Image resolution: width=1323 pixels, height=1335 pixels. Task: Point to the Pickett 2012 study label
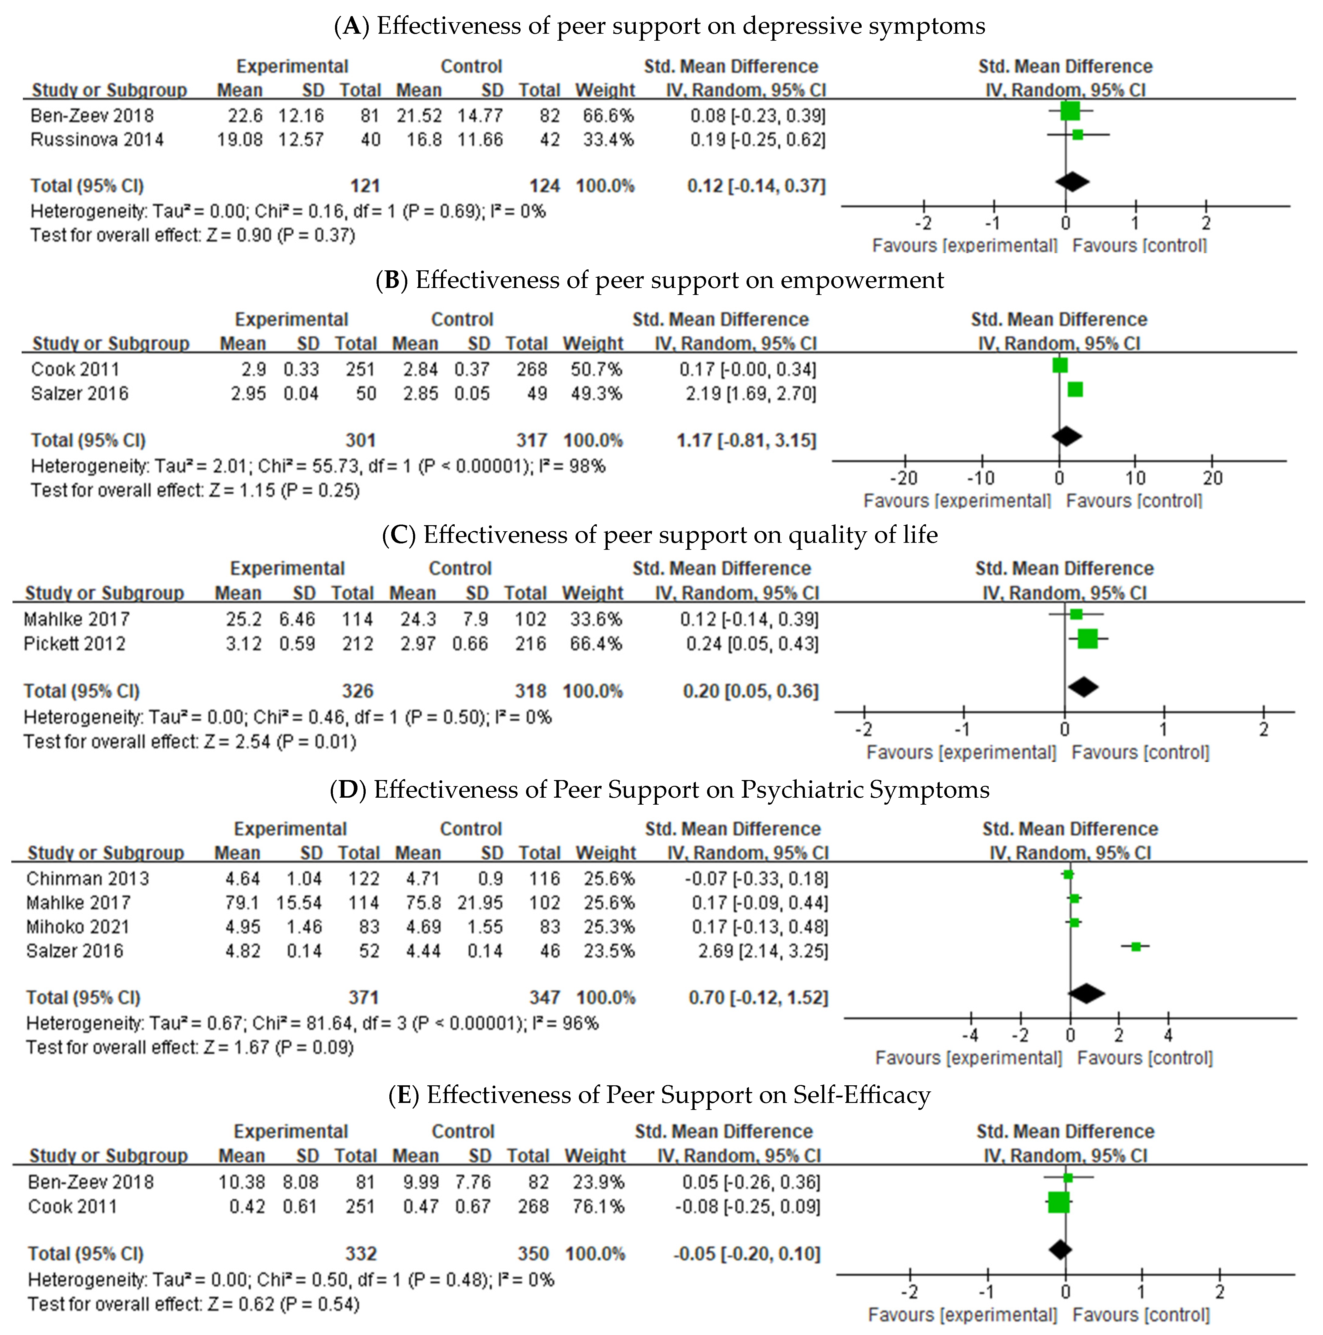(x=75, y=644)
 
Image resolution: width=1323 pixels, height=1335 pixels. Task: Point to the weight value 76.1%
(x=598, y=1207)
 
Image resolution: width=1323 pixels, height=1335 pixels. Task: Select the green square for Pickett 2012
(x=1087, y=638)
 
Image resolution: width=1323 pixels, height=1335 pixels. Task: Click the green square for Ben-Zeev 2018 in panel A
(x=1069, y=111)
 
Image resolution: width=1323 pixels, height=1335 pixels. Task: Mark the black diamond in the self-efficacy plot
(x=1061, y=1249)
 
